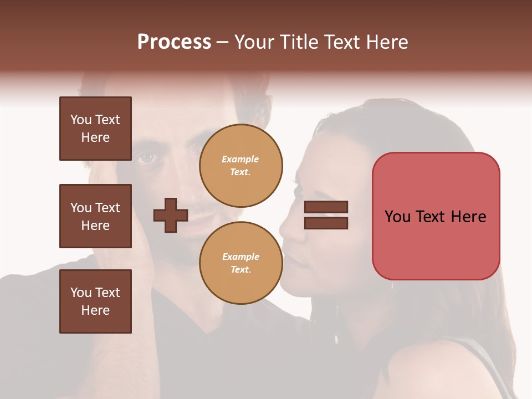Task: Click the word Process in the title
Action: pos(174,42)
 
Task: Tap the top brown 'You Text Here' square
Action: pos(95,129)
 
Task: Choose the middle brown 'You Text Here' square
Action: pos(95,216)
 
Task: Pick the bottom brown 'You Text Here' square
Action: pos(95,301)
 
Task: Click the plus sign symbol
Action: pos(171,214)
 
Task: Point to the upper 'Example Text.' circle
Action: pos(241,166)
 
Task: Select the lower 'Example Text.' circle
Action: pos(241,263)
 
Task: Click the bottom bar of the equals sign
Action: pos(326,223)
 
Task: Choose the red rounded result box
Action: pos(436,216)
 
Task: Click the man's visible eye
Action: pos(147,158)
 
